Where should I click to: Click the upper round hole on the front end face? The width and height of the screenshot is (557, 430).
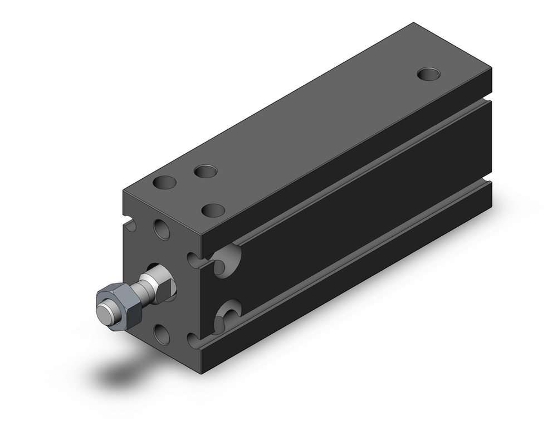(162, 229)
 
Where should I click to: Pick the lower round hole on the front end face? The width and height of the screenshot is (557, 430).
(162, 334)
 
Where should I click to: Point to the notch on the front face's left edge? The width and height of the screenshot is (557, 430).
(130, 224)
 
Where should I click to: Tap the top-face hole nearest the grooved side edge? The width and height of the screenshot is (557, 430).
(213, 211)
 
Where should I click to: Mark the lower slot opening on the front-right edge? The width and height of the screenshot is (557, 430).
(193, 340)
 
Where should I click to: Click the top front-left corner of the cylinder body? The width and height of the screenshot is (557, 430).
(124, 191)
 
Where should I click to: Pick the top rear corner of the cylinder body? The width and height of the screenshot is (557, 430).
(413, 23)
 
